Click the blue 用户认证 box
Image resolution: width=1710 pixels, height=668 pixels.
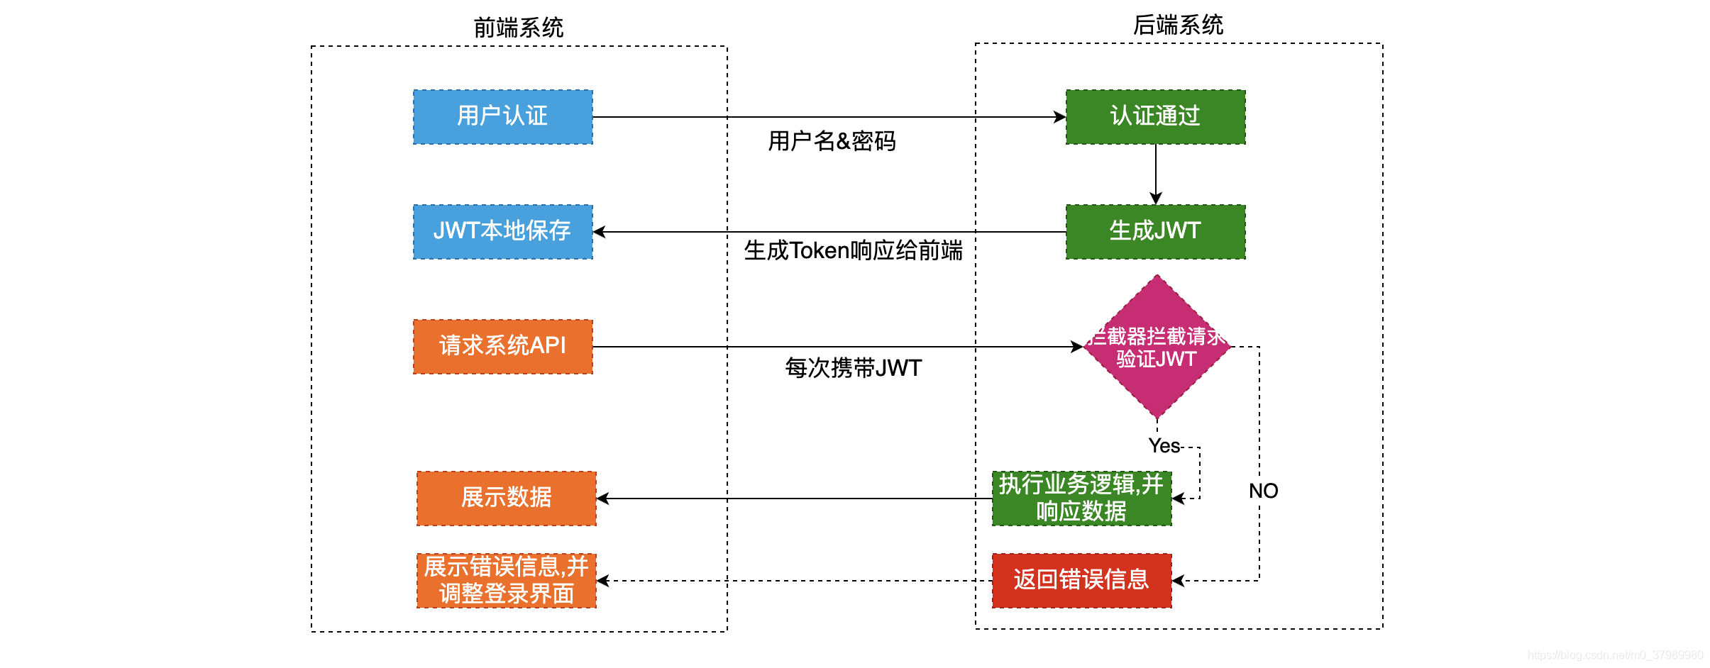coord(502,117)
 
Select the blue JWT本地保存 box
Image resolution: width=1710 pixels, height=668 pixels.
coord(502,232)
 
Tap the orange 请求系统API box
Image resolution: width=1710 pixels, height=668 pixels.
coord(502,347)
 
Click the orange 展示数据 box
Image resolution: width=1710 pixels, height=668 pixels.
coord(506,499)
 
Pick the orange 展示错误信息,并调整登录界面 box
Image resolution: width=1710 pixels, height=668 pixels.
coord(506,581)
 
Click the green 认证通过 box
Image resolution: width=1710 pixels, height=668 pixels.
coord(1155,117)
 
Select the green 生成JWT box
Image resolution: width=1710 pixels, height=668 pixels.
coord(1155,232)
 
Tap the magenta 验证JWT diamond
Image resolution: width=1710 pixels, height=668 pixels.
coord(1157,347)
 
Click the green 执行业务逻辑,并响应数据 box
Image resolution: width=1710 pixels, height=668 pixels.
coord(1081,499)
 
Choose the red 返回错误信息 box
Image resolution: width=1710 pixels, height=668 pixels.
coord(1081,581)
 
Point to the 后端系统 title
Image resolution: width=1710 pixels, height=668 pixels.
coord(1178,26)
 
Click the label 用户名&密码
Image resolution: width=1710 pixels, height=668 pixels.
coord(832,141)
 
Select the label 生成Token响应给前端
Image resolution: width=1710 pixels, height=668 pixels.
coord(853,250)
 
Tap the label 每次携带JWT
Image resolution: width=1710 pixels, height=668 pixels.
coord(853,368)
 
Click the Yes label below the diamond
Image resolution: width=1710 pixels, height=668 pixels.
coord(1164,446)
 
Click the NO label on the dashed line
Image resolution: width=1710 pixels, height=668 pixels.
coord(1263,491)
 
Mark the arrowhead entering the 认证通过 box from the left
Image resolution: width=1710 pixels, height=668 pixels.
coord(1060,117)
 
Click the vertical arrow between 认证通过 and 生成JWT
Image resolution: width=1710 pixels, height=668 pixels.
coord(1156,174)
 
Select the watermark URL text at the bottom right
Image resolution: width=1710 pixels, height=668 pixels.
coord(1615,655)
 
